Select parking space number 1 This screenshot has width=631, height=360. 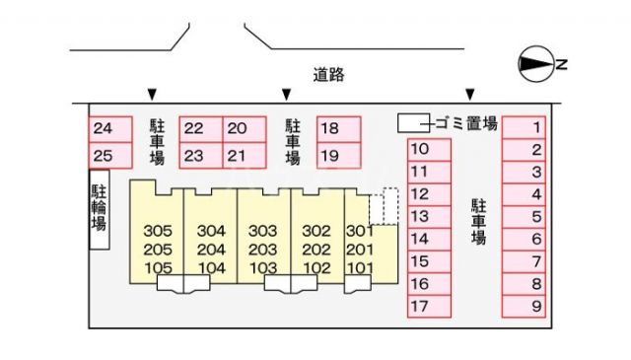535,127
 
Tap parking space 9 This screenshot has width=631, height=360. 535,307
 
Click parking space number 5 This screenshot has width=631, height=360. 535,217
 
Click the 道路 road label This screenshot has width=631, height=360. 329,74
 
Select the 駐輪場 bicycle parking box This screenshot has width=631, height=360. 99,210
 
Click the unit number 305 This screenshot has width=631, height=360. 158,231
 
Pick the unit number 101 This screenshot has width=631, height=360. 361,267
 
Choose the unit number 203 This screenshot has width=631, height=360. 262,249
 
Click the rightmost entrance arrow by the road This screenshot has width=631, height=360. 470,95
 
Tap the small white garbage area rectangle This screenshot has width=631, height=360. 412,123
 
